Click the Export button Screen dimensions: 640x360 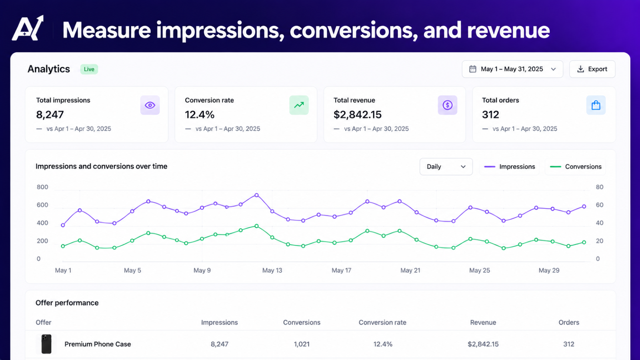point(592,69)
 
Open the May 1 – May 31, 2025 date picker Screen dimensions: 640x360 point(512,69)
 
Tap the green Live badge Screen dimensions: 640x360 point(89,69)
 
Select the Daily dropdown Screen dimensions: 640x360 point(446,166)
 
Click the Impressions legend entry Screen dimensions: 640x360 point(510,166)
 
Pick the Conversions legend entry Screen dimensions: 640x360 point(576,166)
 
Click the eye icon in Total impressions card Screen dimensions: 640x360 point(150,105)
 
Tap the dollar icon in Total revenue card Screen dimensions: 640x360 point(448,105)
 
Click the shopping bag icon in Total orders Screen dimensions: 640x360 point(596,105)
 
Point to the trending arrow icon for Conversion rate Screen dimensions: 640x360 point(299,105)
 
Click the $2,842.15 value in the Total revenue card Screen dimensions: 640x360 point(358,114)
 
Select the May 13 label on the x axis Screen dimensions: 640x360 point(272,270)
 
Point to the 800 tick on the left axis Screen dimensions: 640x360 point(42,187)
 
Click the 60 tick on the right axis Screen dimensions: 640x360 point(600,205)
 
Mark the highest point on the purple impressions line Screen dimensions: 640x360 point(256,195)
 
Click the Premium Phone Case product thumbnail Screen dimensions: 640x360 point(46,344)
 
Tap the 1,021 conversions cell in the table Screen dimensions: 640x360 point(302,344)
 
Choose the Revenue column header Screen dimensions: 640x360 point(483,322)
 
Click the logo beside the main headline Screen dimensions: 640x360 point(28,28)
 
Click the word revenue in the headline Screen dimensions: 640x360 point(508,30)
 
